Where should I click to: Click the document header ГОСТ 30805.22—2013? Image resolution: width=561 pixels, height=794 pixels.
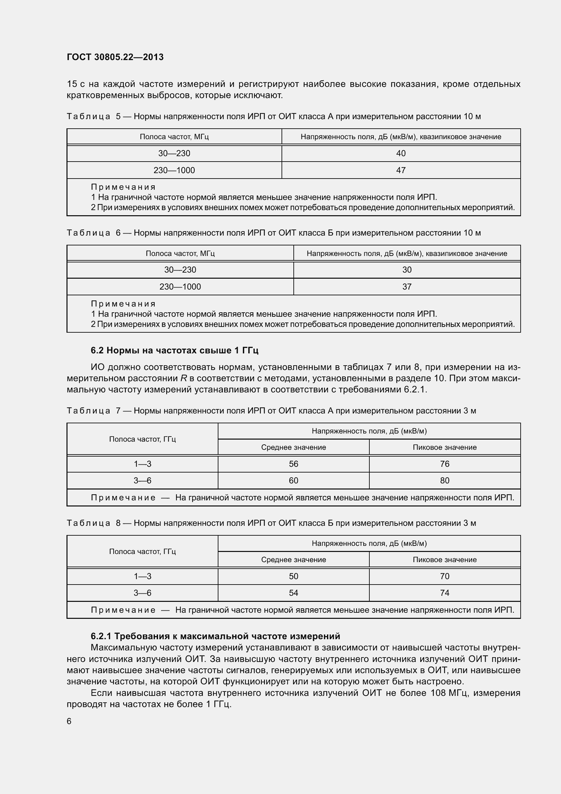pos(115,57)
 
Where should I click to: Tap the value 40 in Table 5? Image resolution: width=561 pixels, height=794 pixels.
pos(401,153)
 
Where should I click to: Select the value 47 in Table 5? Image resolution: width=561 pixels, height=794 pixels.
pos(401,170)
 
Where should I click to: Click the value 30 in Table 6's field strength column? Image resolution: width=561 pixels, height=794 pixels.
pos(407,270)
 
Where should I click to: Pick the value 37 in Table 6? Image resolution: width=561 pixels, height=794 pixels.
pos(407,287)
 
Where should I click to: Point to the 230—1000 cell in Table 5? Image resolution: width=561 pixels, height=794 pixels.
pos(174,170)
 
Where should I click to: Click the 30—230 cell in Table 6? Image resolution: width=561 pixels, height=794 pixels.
pos(180,270)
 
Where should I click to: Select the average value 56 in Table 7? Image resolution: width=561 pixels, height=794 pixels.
pos(293,464)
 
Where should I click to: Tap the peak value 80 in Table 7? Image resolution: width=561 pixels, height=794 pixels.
pos(445,480)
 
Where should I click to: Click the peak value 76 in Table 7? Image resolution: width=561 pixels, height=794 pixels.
pos(445,464)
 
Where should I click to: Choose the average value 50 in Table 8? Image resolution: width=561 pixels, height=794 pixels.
pos(293,576)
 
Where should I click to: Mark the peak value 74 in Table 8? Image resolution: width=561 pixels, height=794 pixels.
pos(445,593)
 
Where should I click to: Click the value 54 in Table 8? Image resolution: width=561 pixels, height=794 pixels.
pos(293,593)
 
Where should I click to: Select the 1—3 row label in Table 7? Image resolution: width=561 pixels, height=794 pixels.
pos(142,464)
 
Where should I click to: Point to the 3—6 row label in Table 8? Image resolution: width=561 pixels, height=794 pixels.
pos(142,593)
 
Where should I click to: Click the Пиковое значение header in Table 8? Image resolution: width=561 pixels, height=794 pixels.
pos(445,559)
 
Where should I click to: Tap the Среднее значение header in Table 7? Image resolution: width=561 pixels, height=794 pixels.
pos(293,447)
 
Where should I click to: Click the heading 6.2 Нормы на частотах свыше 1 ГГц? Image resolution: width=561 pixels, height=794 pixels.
pos(174,350)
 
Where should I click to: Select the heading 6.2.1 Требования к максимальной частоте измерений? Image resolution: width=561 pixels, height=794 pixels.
pos(215,636)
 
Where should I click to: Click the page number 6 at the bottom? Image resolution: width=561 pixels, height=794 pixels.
pos(69,721)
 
